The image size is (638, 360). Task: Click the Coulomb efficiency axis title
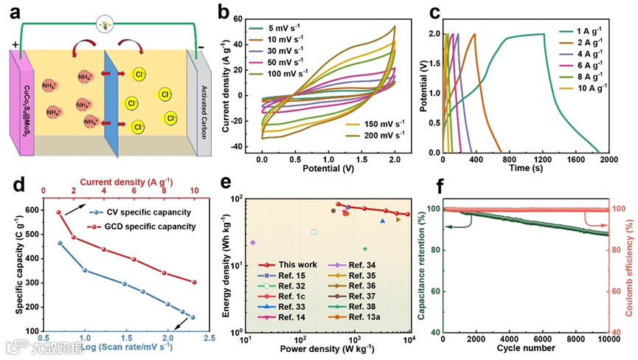pyautogui.click(x=631, y=269)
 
